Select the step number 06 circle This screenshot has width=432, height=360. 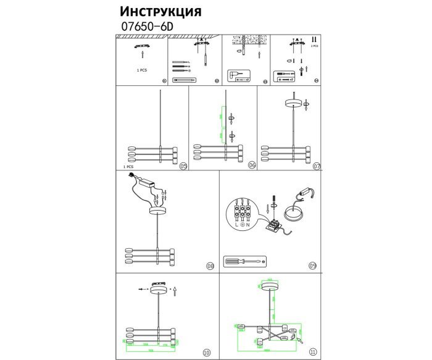pyautogui.click(x=252, y=166)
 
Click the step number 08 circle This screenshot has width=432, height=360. pyautogui.click(x=210, y=266)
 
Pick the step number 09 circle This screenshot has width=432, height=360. pyautogui.click(x=313, y=266)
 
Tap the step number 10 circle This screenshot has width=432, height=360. pyautogui.click(x=206, y=353)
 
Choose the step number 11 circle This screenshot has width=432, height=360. pyautogui.click(x=313, y=352)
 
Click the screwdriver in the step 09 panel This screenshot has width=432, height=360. pyautogui.click(x=243, y=262)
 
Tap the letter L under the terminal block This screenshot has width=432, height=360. pyautogui.click(x=236, y=227)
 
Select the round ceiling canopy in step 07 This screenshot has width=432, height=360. pyautogui.click(x=294, y=103)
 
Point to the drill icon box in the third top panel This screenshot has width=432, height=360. pyautogui.click(x=238, y=75)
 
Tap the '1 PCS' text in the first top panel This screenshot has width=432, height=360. pyautogui.click(x=142, y=70)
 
